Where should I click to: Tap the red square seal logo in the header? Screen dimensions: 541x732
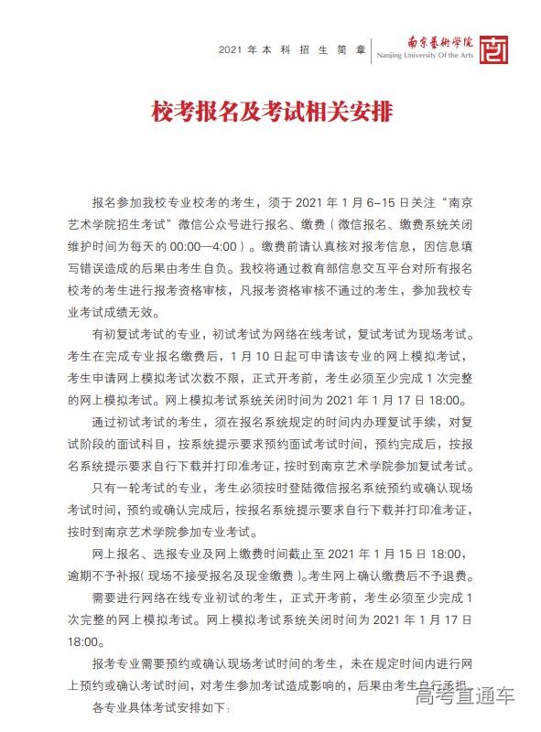tap(494, 47)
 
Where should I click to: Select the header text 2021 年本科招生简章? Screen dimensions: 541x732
tap(292, 48)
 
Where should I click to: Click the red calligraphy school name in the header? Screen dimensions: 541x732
tap(440, 41)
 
